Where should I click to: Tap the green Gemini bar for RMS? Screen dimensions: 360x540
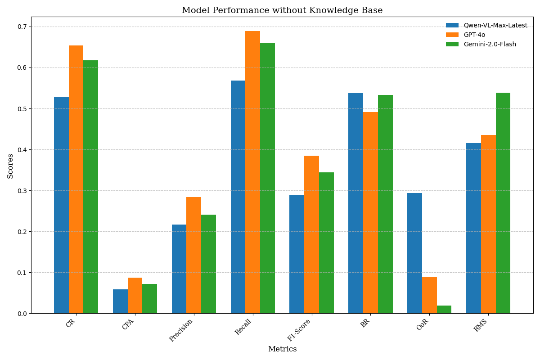tap(503, 203)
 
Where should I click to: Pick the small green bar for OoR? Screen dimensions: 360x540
tap(444, 310)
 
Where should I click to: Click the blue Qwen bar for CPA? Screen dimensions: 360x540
tap(120, 301)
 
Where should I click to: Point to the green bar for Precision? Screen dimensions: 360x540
tap(208, 264)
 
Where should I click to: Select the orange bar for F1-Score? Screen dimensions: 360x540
tap(311, 234)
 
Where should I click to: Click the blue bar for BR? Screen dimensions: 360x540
tap(355, 203)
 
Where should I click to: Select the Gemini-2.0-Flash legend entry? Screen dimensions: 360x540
tap(490, 45)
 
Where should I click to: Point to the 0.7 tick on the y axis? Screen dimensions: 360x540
tap(22, 27)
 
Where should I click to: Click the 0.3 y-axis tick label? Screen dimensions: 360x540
tap(22, 191)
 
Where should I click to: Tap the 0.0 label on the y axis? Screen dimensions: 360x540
tap(22, 314)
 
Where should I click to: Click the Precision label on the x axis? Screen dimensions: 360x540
tap(181, 330)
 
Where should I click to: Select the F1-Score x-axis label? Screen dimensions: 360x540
tap(299, 330)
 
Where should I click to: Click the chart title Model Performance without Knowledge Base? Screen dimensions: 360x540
tap(282, 10)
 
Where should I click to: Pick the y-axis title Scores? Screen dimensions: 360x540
tap(10, 166)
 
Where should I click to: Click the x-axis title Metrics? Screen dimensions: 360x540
tap(282, 349)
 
